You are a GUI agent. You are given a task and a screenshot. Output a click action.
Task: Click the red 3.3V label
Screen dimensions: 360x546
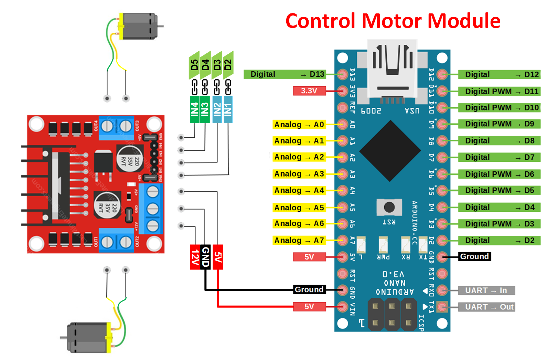tap(309, 91)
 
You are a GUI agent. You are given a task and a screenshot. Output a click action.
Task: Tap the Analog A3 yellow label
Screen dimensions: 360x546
tap(299, 174)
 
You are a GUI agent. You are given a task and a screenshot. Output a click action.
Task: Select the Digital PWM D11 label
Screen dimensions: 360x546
tap(499, 92)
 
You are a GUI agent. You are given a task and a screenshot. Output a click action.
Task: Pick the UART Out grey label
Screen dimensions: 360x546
tap(486, 307)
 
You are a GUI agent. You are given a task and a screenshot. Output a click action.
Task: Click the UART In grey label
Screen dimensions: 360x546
tap(486, 290)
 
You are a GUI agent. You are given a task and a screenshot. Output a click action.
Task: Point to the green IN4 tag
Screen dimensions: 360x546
tap(194, 109)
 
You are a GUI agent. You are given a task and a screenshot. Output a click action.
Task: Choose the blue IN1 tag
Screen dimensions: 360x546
tap(228, 109)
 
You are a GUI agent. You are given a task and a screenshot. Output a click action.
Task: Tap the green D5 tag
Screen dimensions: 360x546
tap(194, 65)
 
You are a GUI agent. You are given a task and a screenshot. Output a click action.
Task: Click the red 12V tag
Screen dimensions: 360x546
tap(195, 257)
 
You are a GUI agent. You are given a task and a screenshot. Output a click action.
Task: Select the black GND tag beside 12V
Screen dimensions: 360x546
tap(205, 257)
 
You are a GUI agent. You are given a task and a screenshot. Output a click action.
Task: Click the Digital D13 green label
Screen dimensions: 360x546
tap(284, 74)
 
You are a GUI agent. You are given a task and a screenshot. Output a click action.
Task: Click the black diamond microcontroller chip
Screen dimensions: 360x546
tap(390, 151)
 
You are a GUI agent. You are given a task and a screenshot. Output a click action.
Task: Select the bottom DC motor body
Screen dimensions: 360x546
tap(88, 337)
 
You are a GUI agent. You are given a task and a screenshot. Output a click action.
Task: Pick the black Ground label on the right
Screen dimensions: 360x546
tap(474, 257)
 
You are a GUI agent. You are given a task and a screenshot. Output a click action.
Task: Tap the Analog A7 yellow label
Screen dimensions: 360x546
tap(299, 240)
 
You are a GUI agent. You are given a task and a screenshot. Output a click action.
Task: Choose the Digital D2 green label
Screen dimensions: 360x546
tap(499, 241)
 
